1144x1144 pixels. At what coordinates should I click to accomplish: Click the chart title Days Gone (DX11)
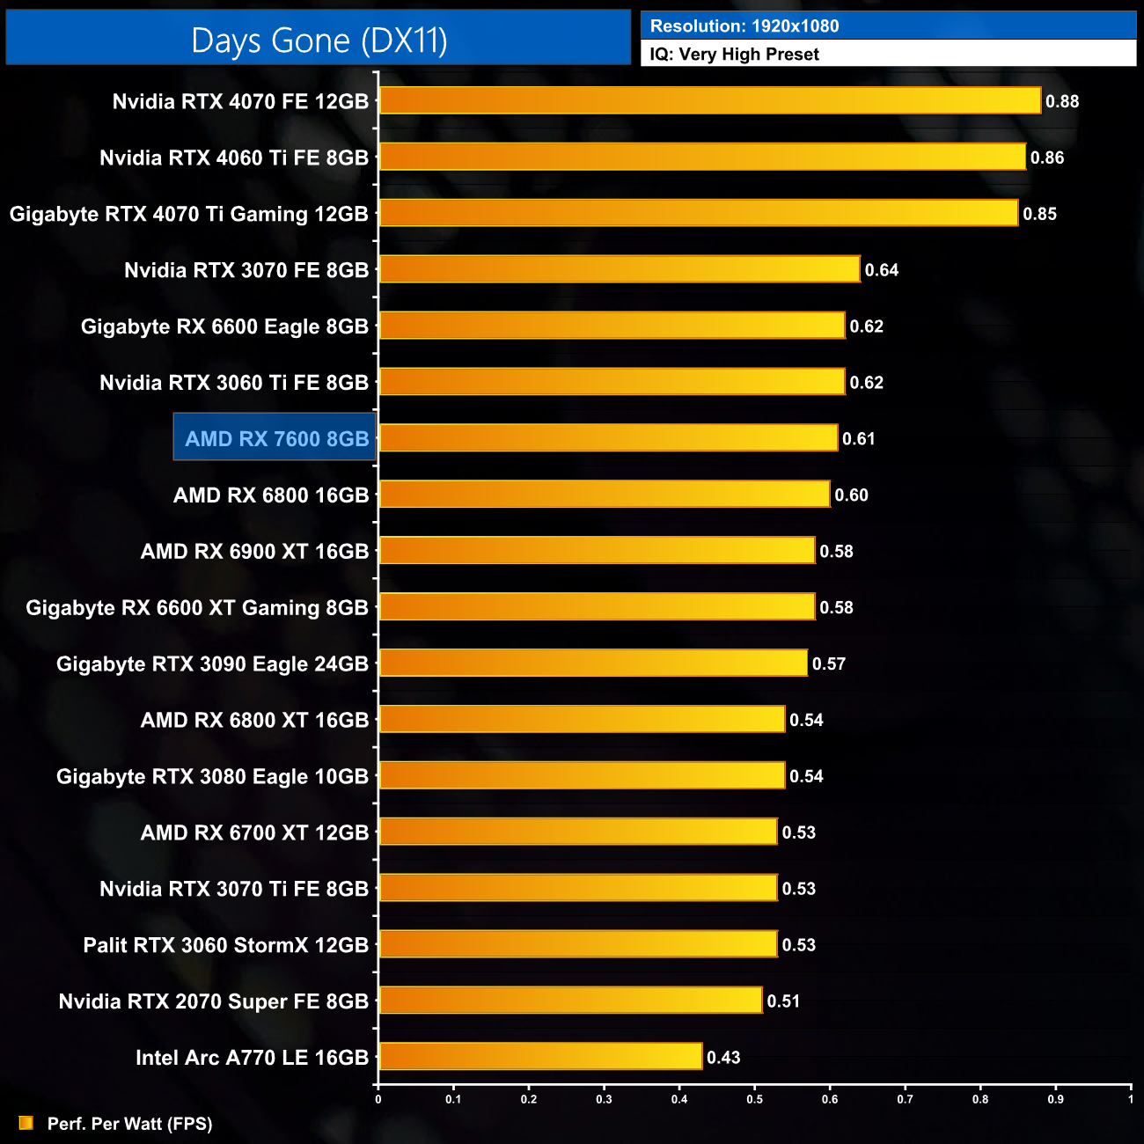tap(319, 40)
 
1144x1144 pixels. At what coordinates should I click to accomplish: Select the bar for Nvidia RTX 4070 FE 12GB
tap(709, 100)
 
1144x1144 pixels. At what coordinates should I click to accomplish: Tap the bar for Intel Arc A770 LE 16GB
tap(540, 1056)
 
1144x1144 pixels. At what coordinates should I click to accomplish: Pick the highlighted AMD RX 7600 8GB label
tap(276, 438)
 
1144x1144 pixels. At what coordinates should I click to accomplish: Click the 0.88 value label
tap(1062, 101)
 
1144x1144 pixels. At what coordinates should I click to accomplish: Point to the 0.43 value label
tap(723, 1057)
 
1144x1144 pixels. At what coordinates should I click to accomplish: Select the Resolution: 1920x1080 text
tap(744, 26)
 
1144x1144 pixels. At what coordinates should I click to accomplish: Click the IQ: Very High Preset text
tap(734, 54)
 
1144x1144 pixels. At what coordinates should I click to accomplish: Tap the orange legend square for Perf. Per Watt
tap(26, 1123)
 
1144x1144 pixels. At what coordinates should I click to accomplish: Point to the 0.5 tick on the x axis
tap(755, 1099)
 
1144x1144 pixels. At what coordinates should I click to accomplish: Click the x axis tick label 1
tap(1131, 1099)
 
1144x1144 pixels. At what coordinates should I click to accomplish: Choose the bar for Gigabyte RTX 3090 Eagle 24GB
tap(593, 663)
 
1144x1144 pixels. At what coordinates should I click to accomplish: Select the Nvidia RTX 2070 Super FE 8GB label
tap(213, 1001)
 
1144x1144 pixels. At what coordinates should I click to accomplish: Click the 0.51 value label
tap(783, 1001)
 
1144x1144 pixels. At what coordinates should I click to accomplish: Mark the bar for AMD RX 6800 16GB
tap(605, 494)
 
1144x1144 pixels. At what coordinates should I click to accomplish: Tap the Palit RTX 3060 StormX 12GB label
tap(225, 945)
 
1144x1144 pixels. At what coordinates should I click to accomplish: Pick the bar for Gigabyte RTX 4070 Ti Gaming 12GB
tap(699, 213)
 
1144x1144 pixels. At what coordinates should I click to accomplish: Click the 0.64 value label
tap(881, 270)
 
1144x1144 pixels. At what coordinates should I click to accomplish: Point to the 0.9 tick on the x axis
tap(1055, 1099)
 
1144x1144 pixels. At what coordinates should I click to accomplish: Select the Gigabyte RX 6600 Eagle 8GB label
tap(224, 326)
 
